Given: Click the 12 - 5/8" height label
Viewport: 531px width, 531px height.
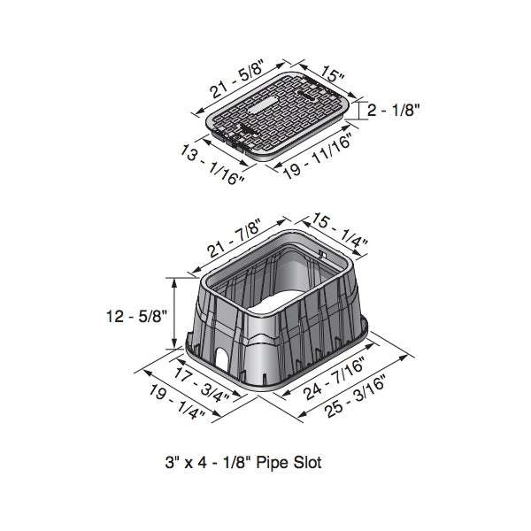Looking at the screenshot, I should [133, 315].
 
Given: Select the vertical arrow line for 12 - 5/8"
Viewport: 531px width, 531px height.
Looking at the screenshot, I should [176, 314].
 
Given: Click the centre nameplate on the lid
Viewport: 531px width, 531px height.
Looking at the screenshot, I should [270, 110].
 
